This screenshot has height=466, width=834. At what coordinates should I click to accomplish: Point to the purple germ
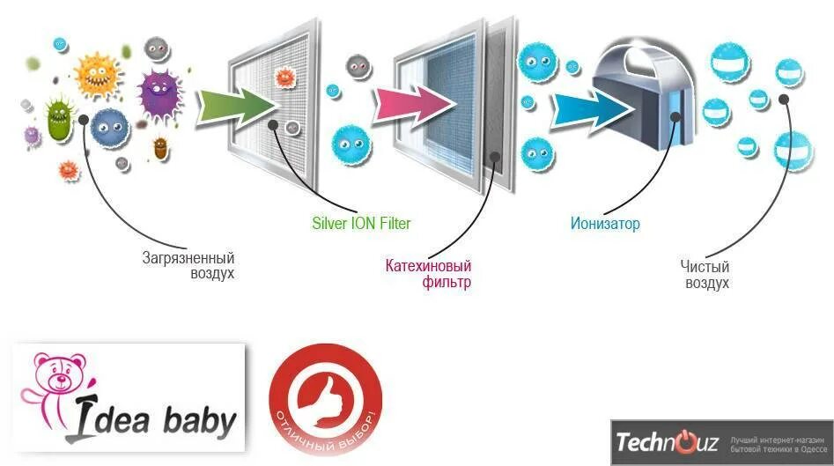point(159,88)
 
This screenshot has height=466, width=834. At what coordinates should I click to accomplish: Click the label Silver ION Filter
point(361,224)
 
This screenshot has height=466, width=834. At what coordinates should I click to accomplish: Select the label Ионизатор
point(604,224)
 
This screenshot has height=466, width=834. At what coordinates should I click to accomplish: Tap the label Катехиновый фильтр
point(429,274)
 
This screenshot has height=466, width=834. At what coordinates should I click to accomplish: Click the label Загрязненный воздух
point(188,266)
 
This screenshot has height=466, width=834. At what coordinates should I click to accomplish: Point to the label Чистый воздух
point(704,274)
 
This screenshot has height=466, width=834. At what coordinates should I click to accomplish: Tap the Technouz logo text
point(668,441)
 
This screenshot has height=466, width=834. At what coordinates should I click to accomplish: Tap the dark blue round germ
point(110,126)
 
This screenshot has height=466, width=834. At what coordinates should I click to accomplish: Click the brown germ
point(159,147)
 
